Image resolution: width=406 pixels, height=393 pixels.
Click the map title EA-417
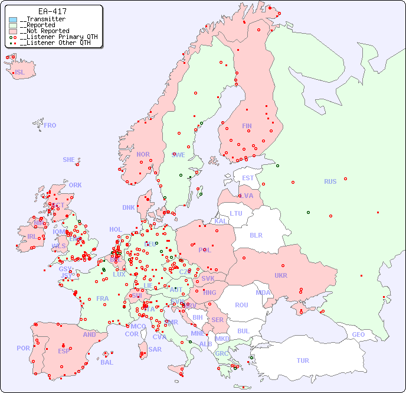52,11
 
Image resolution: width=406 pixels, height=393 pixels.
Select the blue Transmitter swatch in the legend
13,20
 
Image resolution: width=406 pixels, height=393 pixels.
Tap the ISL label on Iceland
20,73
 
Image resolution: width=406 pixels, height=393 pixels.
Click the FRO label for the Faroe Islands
50,125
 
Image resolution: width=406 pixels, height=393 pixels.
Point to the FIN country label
247,126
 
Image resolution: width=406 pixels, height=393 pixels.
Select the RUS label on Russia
330,181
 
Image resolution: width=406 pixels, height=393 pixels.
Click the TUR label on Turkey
303,360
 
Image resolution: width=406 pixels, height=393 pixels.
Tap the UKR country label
281,275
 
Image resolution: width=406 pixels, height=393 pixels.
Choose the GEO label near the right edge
358,334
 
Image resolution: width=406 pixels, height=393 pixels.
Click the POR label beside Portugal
23,348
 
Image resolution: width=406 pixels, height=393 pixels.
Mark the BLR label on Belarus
256,235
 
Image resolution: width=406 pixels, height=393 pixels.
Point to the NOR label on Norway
143,154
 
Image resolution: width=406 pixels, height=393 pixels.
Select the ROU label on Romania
241,305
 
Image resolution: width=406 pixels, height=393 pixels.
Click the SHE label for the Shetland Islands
69,160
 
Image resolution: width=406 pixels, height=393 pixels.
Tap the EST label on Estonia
248,178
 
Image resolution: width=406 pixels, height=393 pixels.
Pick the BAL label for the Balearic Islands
106,362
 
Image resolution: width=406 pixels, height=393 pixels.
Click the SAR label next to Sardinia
155,349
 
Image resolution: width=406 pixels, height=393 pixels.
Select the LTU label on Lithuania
236,213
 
